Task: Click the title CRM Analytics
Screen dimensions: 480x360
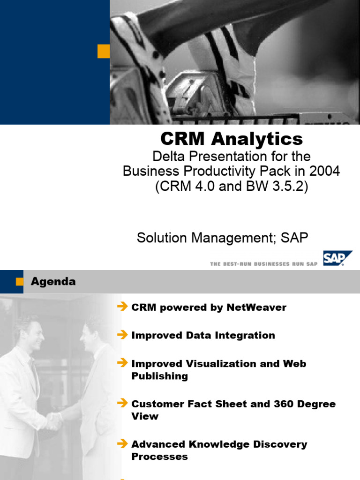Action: point(232,139)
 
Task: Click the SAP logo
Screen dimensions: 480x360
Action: point(337,258)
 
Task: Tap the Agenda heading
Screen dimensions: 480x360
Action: point(53,282)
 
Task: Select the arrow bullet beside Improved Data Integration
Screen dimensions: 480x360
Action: point(122,335)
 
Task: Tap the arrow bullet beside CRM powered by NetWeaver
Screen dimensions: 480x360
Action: point(122,307)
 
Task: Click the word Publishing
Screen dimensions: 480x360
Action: point(159,376)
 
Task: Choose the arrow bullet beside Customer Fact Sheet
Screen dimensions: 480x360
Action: point(122,404)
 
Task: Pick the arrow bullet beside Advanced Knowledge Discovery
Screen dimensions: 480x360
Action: point(122,444)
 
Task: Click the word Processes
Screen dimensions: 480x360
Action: point(159,457)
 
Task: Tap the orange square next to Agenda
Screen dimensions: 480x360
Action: point(20,282)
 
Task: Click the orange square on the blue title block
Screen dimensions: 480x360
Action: point(103,52)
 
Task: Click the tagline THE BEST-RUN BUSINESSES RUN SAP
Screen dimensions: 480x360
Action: point(264,264)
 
